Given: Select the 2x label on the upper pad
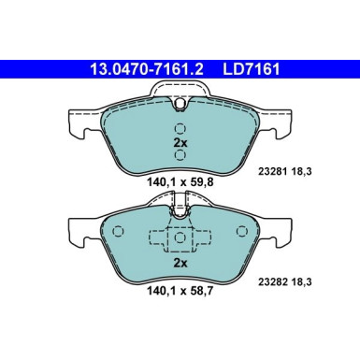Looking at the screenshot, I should tap(180, 144).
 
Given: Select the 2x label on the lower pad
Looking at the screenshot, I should tap(180, 264).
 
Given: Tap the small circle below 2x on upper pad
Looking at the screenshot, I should tap(180, 160).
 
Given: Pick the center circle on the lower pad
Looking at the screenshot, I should tap(180, 239).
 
